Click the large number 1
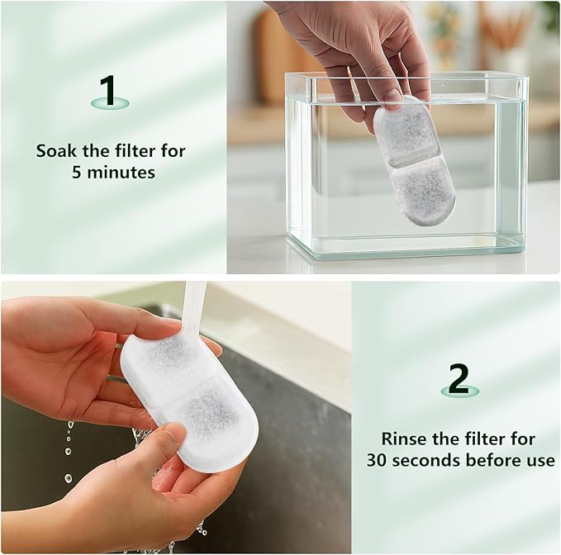(x=108, y=90)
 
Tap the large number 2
(x=459, y=379)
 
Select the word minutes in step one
(x=121, y=173)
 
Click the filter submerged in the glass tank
(x=414, y=160)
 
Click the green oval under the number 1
(x=110, y=103)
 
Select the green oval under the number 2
(x=459, y=391)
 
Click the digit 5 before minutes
(x=77, y=173)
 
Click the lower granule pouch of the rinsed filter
(x=211, y=411)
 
